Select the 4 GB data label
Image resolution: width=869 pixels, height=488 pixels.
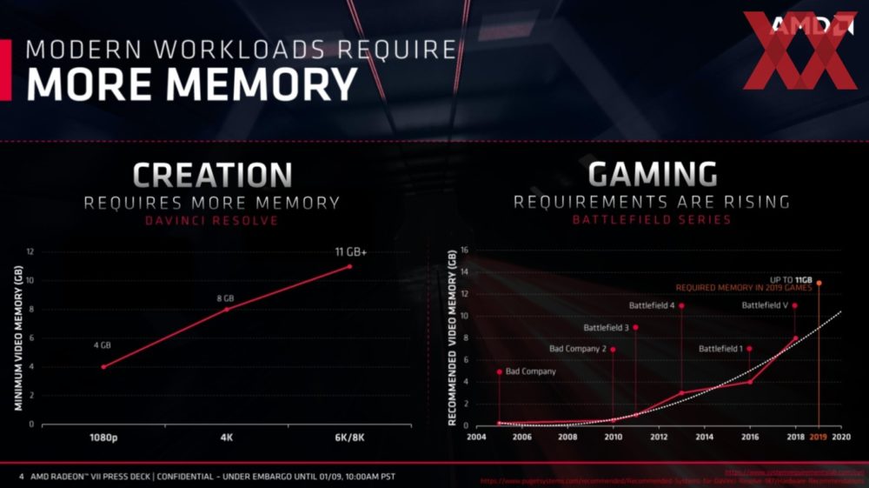tap(103, 345)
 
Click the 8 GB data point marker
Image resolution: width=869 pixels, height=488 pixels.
tap(227, 309)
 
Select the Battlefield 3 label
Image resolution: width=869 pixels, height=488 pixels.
tap(607, 328)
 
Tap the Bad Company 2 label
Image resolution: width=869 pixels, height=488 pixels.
tap(578, 349)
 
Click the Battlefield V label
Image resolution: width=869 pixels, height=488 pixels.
tap(765, 306)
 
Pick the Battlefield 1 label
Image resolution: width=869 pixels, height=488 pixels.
tap(720, 349)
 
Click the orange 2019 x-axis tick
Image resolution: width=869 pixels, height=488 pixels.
tap(819, 438)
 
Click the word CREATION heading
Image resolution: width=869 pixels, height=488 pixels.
tap(212, 175)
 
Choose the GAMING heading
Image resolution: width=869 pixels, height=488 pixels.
tap(652, 175)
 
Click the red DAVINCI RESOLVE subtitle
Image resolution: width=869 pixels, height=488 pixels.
tap(212, 220)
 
